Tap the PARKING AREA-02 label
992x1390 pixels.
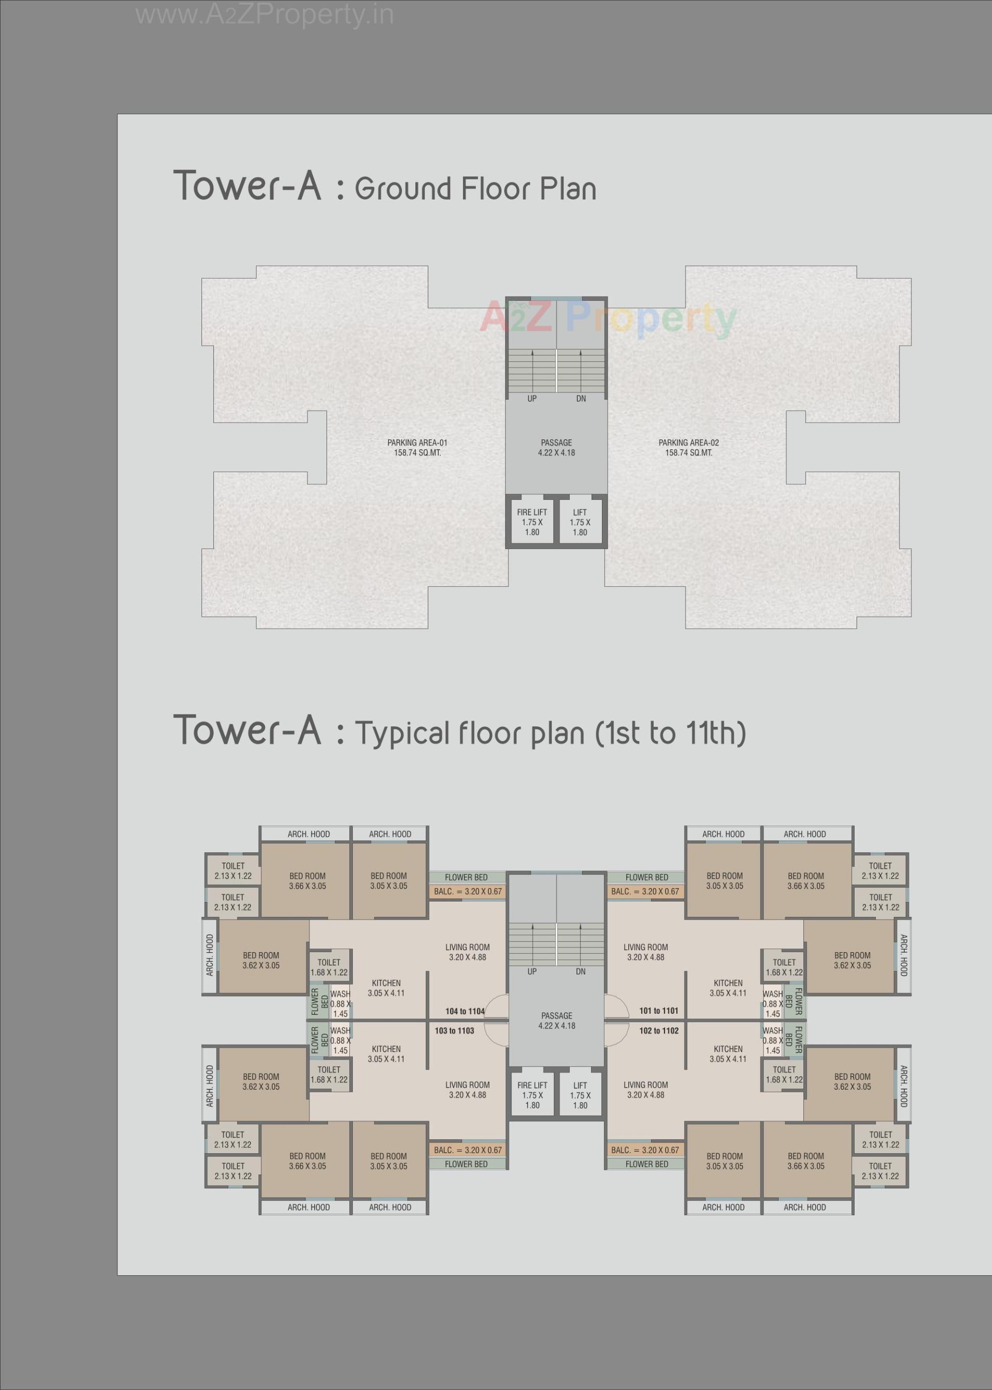pos(688,448)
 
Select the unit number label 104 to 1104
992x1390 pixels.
pos(465,1011)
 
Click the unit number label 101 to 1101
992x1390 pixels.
pos(658,1011)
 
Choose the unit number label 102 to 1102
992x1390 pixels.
pos(658,1031)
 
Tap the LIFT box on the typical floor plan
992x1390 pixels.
pos(580,1095)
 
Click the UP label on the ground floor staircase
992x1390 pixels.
pos(532,399)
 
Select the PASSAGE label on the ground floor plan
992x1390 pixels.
pos(556,448)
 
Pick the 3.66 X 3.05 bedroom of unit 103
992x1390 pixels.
pos(307,1161)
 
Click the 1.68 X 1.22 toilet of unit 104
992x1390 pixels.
pos(329,967)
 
